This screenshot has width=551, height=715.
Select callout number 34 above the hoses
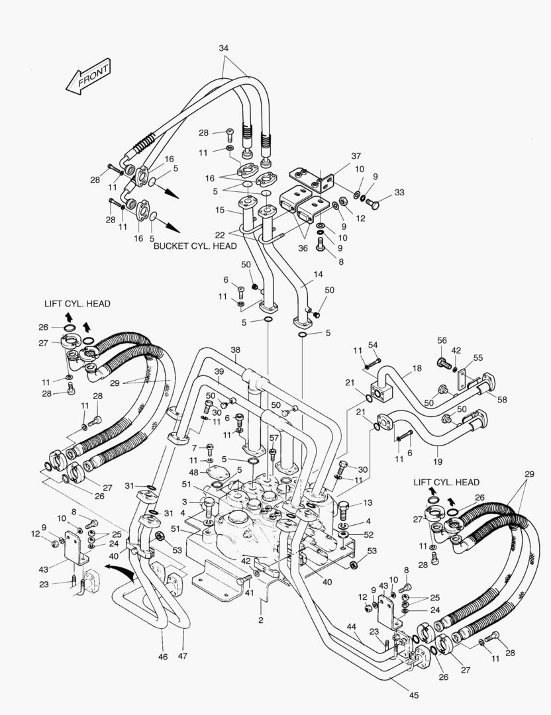[x=223, y=48]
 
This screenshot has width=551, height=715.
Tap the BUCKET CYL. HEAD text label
[x=195, y=246]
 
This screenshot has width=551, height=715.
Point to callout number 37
[x=356, y=156]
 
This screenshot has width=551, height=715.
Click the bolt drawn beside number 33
[x=372, y=201]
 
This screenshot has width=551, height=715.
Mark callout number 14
[x=318, y=273]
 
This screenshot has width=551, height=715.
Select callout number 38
[x=235, y=350]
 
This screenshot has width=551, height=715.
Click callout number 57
[x=274, y=438]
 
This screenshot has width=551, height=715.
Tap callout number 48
[x=194, y=472]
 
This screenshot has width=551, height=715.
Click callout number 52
[x=368, y=534]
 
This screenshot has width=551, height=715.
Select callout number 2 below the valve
[x=261, y=620]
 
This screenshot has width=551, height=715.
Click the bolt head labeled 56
[x=443, y=363]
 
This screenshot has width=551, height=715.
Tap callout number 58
[x=503, y=400]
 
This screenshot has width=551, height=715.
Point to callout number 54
[x=373, y=346]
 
